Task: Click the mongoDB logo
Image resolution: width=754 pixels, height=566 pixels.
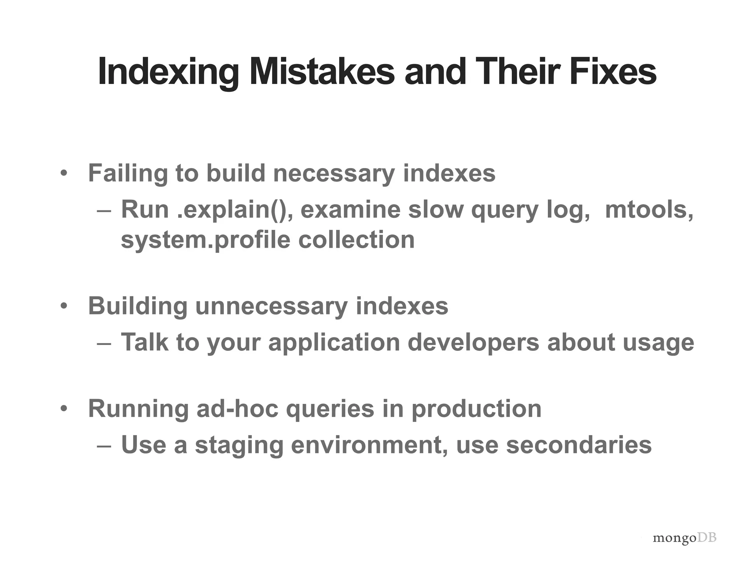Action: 684,538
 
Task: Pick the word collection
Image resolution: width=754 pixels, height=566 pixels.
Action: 356,240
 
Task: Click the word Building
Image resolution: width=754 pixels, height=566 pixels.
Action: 138,306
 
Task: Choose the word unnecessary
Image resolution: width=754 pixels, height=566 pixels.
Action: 271,306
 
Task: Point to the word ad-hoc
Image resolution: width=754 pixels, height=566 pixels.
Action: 237,409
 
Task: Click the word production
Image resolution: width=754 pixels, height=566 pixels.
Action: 476,409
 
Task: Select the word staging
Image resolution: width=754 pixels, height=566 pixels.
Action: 239,445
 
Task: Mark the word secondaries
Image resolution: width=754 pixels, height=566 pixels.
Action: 579,445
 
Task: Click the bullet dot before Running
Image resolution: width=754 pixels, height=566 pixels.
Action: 64,409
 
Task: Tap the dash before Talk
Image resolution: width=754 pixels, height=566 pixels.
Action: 104,343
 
